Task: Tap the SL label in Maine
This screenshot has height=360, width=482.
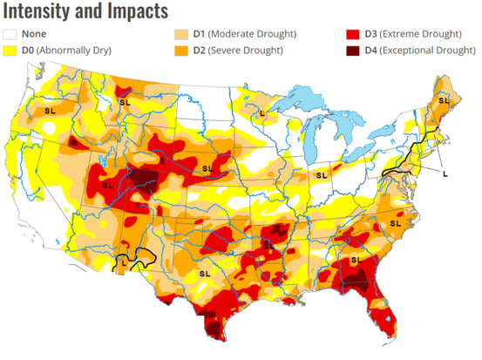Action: (x=443, y=102)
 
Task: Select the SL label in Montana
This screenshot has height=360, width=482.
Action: (x=124, y=104)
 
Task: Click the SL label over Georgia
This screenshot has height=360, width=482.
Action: (x=356, y=260)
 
